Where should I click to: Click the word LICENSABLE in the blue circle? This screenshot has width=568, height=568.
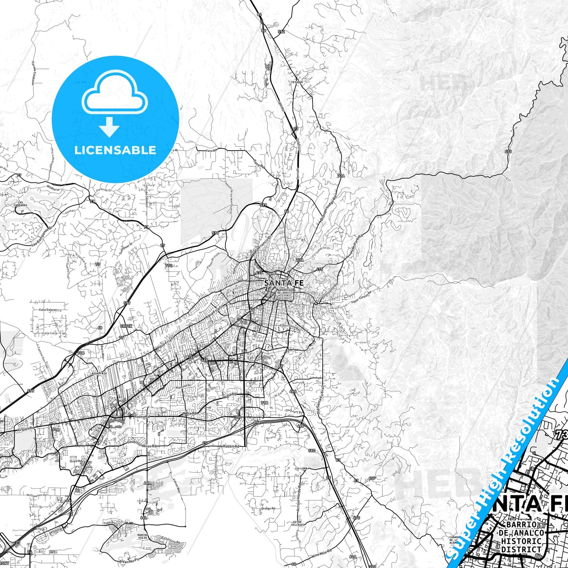pyautogui.click(x=115, y=150)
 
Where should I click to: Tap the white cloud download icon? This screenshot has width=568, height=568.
pyautogui.click(x=114, y=103)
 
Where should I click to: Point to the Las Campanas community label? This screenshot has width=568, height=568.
pyautogui.click(x=20, y=204)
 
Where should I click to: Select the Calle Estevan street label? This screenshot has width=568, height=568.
pyautogui.click(x=48, y=310)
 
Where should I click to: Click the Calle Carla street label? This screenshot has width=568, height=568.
pyautogui.click(x=50, y=333)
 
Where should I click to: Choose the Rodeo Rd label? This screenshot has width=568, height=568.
pyautogui.click(x=142, y=416)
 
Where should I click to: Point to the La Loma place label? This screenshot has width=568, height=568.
pyautogui.click(x=301, y=469)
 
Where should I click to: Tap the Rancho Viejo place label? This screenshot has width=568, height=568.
pyautogui.click(x=142, y=537)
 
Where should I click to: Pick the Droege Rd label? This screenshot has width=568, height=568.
pyautogui.click(x=268, y=508)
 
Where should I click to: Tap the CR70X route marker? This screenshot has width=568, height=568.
pyautogui.click(x=126, y=326)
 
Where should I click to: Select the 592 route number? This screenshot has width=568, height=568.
pyautogui.click(x=281, y=32)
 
